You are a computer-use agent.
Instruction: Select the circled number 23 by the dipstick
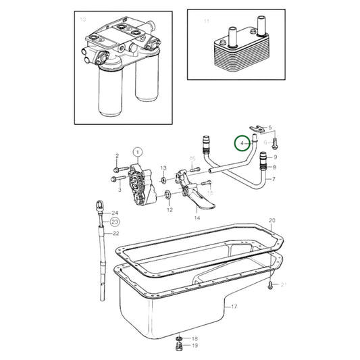click(x=115, y=221)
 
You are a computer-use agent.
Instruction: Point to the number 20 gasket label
click(x=272, y=221)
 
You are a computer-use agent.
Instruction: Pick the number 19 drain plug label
click(x=195, y=346)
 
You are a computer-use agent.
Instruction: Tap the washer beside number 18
click(x=179, y=337)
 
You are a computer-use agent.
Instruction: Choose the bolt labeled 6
click(x=280, y=143)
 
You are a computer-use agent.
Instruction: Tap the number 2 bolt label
click(x=116, y=156)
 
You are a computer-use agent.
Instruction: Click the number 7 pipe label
click(x=274, y=180)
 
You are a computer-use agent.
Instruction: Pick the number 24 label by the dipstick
click(x=115, y=213)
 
